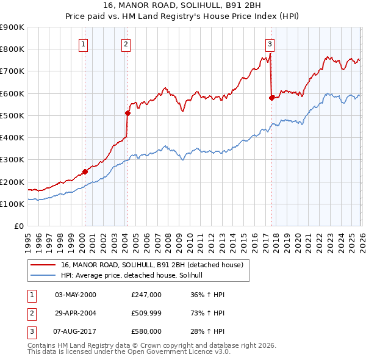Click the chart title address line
click(182, 5)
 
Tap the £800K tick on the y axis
click(12, 49)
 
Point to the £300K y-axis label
click(12, 160)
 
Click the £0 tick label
click(19, 226)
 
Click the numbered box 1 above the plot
click(83, 43)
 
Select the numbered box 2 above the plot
click(126, 43)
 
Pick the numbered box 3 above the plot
click(270, 43)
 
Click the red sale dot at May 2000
click(85, 171)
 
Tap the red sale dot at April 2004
click(127, 113)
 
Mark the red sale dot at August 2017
click(271, 98)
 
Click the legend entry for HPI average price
click(135, 276)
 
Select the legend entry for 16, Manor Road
click(152, 265)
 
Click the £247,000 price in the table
click(146, 295)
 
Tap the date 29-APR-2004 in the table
click(75, 313)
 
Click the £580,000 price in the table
click(146, 331)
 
